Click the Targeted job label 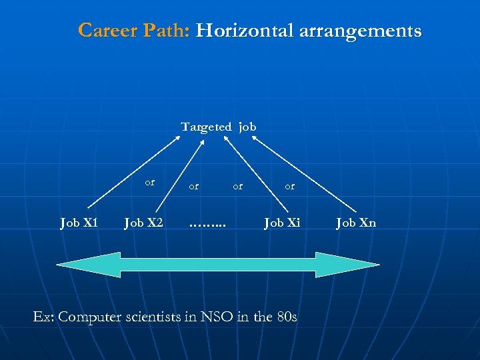[218, 127]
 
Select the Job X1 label [79, 223]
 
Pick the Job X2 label [143, 223]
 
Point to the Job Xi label [283, 223]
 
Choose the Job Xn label [356, 223]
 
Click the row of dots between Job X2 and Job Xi [207, 223]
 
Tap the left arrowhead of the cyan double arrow [87, 265]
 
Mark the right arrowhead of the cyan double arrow [347, 265]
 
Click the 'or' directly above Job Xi [289, 187]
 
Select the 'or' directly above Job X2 [150, 181]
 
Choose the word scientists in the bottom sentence [168, 317]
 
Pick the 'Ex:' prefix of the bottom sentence [44, 317]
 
